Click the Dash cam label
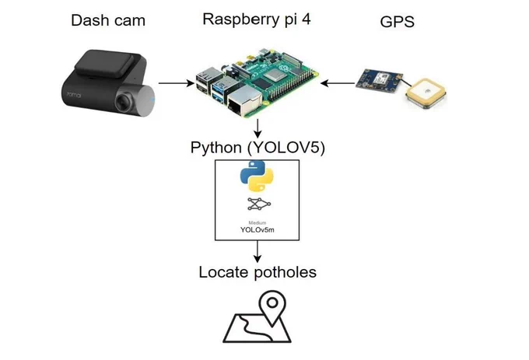(108, 20)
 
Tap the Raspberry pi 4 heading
(257, 19)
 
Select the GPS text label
(397, 22)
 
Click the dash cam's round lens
(124, 101)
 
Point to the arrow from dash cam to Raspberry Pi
(176, 83)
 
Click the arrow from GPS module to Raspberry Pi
(338, 83)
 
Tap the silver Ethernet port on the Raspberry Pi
(244, 100)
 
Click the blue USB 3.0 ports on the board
(219, 91)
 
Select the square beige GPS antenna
(426, 93)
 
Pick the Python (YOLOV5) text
(257, 148)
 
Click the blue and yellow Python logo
(257, 176)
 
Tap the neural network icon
(259, 204)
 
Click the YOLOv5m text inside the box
(257, 230)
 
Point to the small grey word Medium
(257, 222)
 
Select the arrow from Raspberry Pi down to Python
(257, 128)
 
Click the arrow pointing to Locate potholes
(257, 251)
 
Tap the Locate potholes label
(257, 272)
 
